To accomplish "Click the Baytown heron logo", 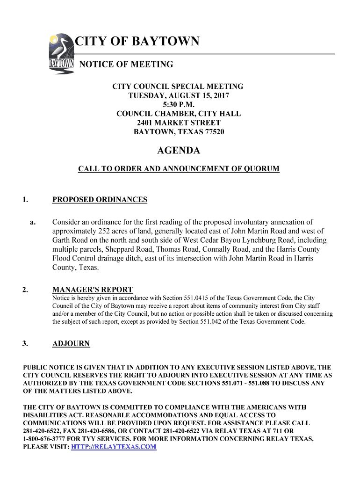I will (x=61, y=54).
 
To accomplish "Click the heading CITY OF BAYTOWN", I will (x=137, y=42).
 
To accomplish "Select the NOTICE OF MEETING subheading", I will (x=126, y=65).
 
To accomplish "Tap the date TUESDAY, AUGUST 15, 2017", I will (x=179, y=95).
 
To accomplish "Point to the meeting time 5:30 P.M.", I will (x=179, y=104).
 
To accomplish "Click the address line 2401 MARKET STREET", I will (x=179, y=123).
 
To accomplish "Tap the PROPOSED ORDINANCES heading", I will (x=100, y=200).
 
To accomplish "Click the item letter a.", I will (x=33, y=222).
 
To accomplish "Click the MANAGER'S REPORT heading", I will (x=93, y=290).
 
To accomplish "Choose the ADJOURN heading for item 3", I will (x=71, y=344).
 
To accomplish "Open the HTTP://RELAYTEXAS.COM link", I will (x=114, y=447).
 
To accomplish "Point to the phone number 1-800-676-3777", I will (x=45, y=439).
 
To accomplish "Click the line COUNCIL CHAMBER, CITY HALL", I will (x=179, y=114).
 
